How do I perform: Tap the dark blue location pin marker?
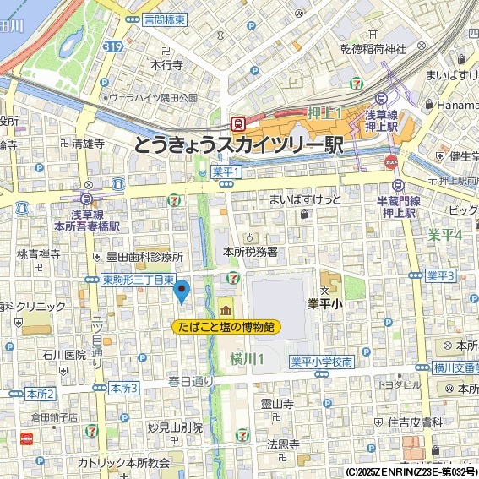[x=180, y=291]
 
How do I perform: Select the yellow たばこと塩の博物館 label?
[x=226, y=326]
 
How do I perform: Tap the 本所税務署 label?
[x=250, y=252]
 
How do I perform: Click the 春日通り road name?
[x=191, y=380]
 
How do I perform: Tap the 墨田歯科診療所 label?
[x=144, y=256]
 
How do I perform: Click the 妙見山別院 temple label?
[x=175, y=427]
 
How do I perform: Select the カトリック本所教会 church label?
[x=124, y=463]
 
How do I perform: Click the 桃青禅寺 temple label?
[x=39, y=253]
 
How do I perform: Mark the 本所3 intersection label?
[x=123, y=388]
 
